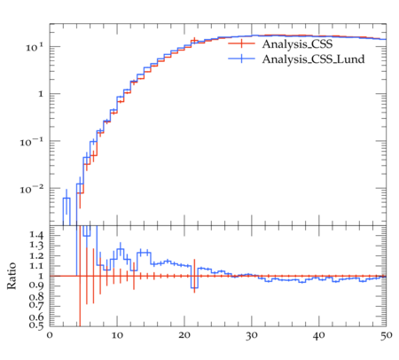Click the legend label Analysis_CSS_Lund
point(313,59)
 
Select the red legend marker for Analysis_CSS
point(241,43)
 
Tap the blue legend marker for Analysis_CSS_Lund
point(241,59)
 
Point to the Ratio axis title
point(12,276)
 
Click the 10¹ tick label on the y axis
point(35,47)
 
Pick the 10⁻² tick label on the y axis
point(32,189)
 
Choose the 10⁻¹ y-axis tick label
point(32,142)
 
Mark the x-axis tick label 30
point(252,336)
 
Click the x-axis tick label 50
point(386,336)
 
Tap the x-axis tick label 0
point(50,336)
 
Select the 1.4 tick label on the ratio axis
point(36,236)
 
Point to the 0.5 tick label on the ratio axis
point(36,325)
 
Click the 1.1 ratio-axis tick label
point(36,266)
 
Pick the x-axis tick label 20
point(184,336)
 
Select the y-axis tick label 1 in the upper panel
point(41,95)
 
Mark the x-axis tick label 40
point(319,336)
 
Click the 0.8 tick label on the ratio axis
point(36,296)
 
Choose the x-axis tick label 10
point(117,336)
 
